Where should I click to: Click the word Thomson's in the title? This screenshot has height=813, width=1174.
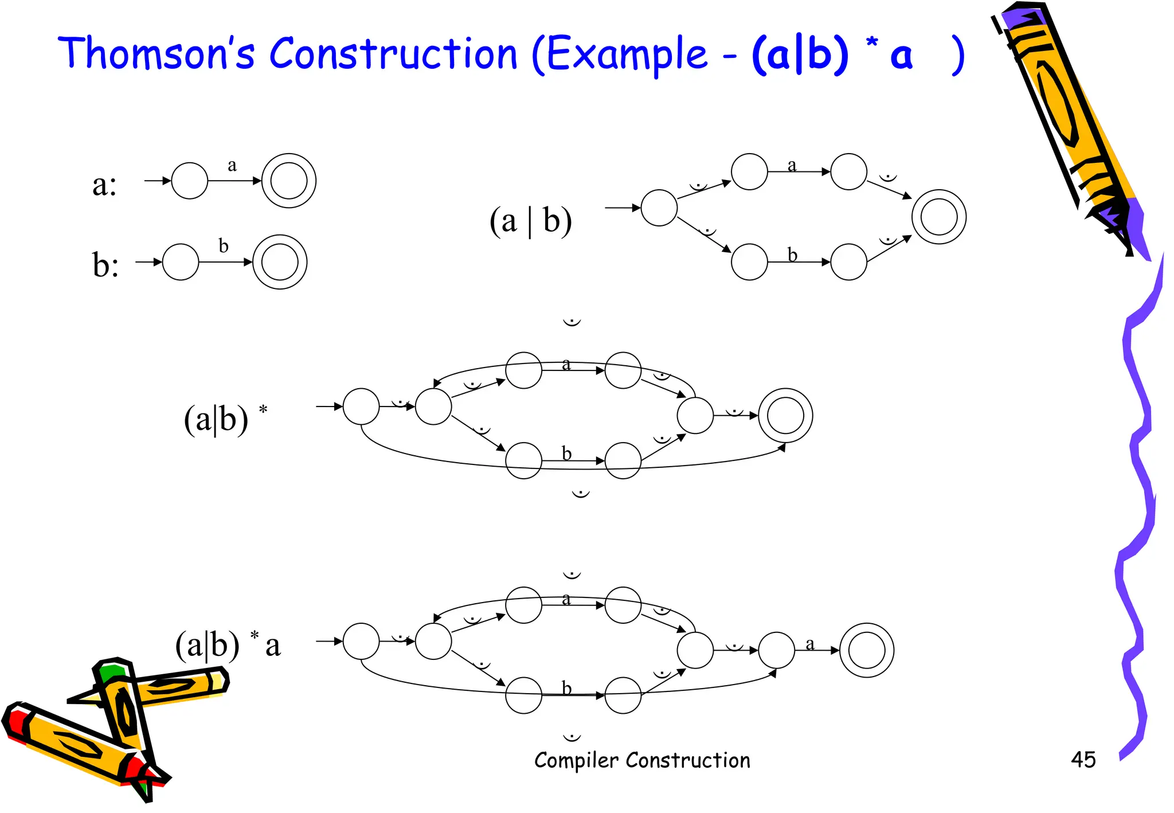156,53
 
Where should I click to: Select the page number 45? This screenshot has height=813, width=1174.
1083,760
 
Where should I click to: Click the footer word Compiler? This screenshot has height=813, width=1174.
576,760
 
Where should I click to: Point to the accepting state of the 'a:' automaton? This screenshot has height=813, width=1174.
288,181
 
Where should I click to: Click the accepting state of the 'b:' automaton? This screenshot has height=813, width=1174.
280,262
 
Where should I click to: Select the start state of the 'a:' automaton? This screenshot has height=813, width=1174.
190,181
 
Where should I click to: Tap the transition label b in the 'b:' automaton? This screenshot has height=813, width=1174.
224,246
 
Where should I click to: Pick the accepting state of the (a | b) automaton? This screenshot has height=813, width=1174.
939,217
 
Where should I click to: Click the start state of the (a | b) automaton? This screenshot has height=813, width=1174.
659,208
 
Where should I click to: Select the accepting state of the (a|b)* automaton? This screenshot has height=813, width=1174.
785,416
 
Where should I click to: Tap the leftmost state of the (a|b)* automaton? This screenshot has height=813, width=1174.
361,406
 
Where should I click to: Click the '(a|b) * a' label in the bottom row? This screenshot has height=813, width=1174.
228,644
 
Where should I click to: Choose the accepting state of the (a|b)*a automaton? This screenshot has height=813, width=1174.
867,650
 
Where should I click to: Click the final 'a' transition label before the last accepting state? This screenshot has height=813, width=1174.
810,644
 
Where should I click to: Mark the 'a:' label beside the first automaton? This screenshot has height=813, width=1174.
104,185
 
